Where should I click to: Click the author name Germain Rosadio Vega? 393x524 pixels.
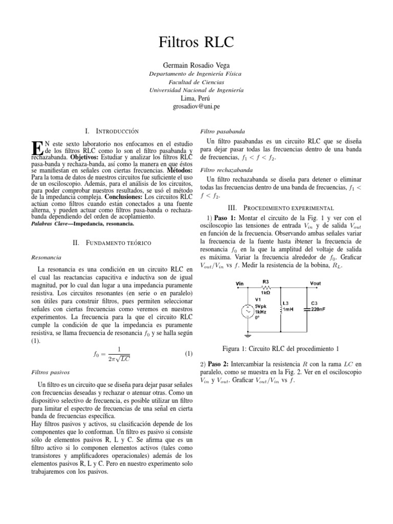click(196, 65)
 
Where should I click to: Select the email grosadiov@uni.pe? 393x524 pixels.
click(196, 106)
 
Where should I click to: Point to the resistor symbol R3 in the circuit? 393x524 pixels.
click(266, 287)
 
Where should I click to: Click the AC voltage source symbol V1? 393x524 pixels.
click(248, 311)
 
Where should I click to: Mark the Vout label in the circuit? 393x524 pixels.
click(316, 281)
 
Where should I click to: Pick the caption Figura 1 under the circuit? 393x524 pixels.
click(281, 349)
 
